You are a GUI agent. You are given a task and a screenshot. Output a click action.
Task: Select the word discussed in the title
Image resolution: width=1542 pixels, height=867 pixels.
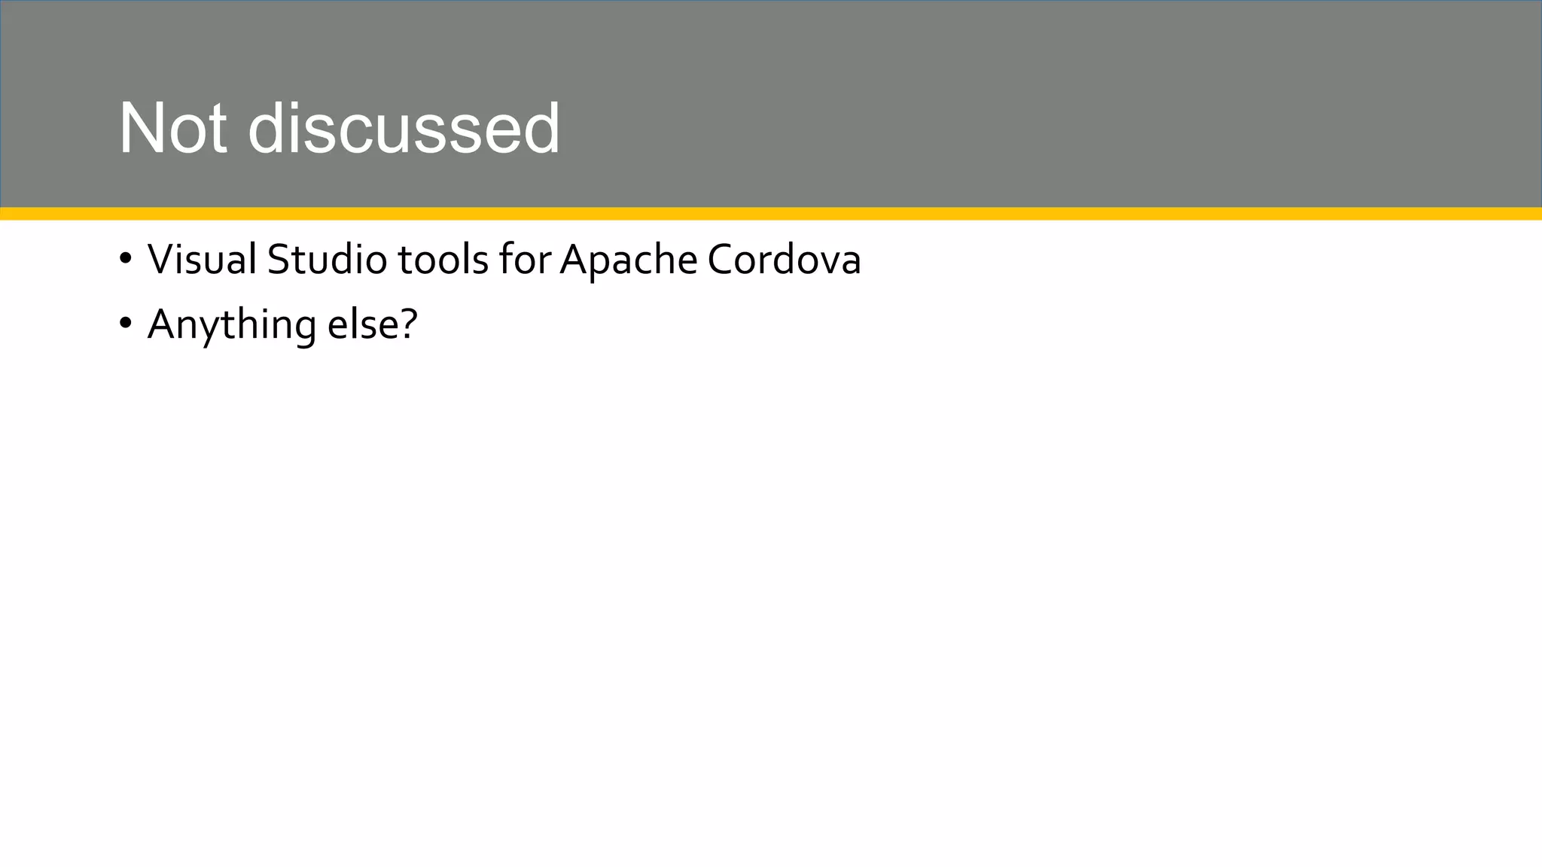click(404, 129)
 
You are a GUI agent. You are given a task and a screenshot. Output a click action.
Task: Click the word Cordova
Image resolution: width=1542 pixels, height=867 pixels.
click(784, 260)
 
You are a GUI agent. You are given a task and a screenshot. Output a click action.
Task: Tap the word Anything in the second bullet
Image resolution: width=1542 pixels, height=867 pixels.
click(231, 325)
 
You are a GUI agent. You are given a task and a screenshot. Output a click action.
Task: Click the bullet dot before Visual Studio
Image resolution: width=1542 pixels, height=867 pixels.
click(125, 260)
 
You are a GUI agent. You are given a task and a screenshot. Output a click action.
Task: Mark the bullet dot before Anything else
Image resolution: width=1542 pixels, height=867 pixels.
click(125, 324)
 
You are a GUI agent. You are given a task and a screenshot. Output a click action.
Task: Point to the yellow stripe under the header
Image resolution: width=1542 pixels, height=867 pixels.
click(771, 214)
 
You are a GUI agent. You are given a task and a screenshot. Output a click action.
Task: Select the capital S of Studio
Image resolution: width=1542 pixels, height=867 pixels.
click(278, 260)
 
